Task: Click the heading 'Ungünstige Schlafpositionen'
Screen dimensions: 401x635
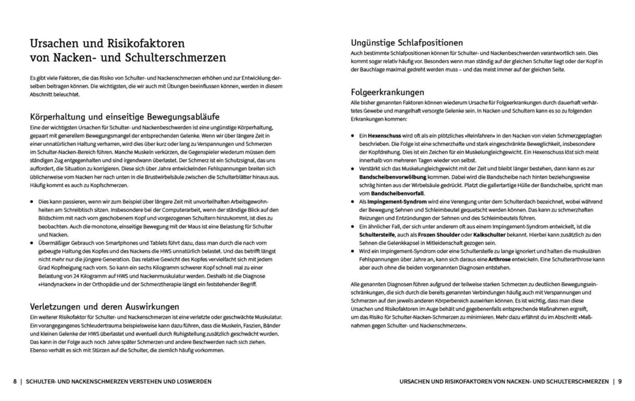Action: pos(407,43)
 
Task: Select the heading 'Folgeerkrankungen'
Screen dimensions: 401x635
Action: pos(387,92)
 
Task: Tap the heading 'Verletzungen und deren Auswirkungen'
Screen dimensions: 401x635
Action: pos(105,306)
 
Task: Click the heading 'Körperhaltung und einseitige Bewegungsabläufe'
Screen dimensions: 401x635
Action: pos(125,116)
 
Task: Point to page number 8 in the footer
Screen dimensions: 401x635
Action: pos(15,381)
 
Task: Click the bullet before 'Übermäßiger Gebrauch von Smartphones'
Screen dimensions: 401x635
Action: pos(32,243)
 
